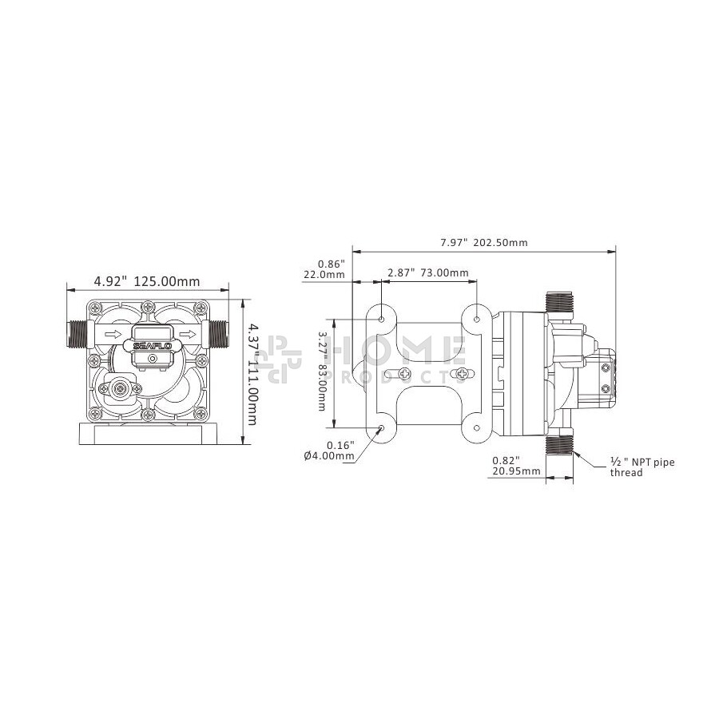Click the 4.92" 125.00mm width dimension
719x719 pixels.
point(147,281)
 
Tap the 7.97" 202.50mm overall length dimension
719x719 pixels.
point(484,242)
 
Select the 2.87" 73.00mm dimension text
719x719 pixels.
point(428,273)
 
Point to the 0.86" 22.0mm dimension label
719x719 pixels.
point(324,269)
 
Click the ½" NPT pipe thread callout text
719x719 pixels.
point(642,467)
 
